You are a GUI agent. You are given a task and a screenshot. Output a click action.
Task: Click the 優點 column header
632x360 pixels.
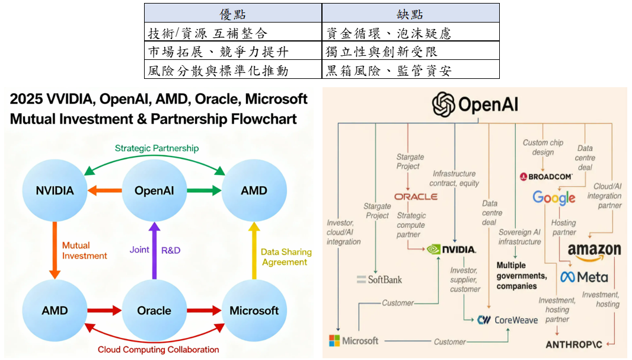coord(233,14)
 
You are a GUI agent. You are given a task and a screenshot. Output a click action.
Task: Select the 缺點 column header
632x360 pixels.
coord(410,14)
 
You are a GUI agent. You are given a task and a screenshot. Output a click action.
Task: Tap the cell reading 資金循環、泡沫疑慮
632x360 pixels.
coord(410,33)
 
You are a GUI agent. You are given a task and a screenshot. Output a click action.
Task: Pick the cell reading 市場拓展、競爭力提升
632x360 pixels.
coord(233,52)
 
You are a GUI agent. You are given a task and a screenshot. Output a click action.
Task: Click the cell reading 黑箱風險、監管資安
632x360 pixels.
coord(410,71)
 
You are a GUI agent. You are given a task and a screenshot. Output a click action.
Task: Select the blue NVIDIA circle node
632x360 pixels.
coord(55,190)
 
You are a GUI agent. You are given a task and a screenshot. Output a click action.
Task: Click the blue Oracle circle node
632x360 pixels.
coord(154,310)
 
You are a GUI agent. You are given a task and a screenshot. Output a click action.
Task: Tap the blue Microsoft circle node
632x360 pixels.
coord(254,310)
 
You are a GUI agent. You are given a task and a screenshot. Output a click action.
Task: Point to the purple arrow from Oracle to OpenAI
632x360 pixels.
coord(154,250)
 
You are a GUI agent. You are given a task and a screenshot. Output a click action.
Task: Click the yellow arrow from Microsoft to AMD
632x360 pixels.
coord(254,250)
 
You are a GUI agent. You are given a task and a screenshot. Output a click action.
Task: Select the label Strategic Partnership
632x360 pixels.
coord(157,148)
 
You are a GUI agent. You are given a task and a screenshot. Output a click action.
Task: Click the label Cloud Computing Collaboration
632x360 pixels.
coord(158,349)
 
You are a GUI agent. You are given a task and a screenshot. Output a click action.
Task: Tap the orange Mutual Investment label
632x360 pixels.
coord(84,250)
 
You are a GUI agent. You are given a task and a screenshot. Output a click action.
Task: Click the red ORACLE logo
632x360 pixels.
coord(416,196)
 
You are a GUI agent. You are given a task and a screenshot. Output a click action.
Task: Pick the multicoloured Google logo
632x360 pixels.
coord(554,197)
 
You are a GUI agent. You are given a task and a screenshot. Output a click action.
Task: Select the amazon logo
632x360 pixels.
coord(594,251)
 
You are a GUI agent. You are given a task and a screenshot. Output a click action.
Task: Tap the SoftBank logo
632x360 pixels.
coord(379,279)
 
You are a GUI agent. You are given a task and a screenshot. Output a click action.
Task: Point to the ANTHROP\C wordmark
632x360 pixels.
coord(574,344)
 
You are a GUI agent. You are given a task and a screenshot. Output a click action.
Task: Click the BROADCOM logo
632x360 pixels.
coord(546,176)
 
